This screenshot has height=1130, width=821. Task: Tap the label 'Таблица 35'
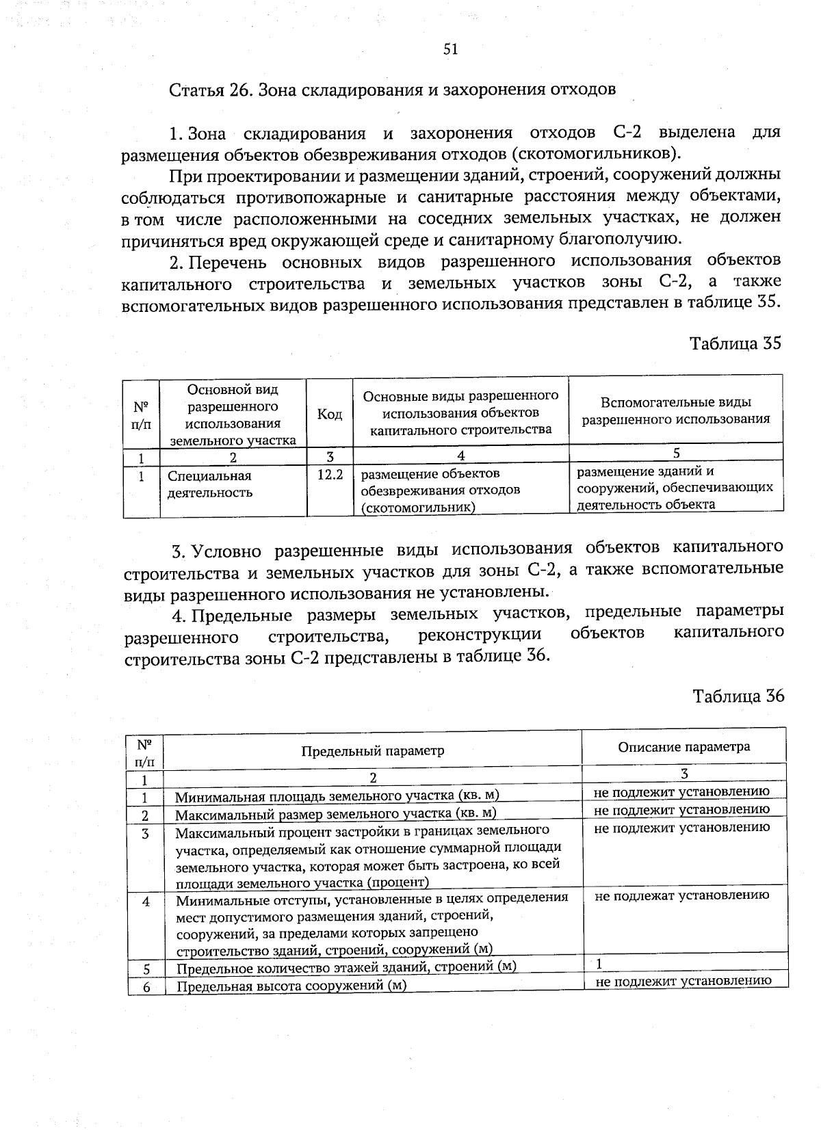coord(735,343)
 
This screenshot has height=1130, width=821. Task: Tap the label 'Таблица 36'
coord(738,696)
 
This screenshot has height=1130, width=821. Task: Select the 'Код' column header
coord(330,415)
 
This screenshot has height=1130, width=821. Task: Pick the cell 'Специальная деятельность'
coord(210,484)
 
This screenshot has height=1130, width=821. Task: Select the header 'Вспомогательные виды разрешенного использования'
coord(676,410)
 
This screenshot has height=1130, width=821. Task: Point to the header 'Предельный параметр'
coord(373,750)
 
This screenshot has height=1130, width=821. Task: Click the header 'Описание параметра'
coord(683,746)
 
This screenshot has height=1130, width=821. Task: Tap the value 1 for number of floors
coord(599,964)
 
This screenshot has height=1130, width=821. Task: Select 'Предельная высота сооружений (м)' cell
coord(291,986)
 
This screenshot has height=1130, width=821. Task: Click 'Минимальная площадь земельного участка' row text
coord(337,796)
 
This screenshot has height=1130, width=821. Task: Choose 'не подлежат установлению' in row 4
coord(682,895)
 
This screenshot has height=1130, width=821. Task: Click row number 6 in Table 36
coord(146,986)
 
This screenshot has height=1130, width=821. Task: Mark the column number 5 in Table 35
coord(676,452)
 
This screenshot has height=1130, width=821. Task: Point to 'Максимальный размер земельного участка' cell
coord(335,814)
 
